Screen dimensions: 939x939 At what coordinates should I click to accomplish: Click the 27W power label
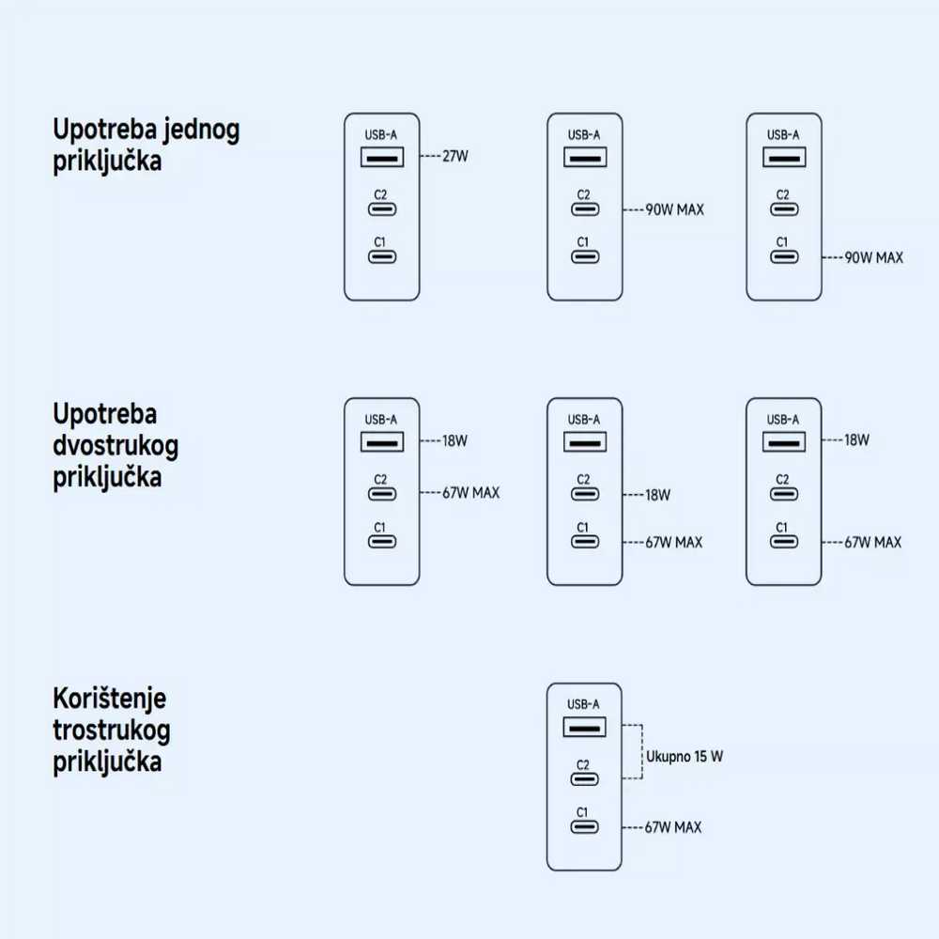(454, 156)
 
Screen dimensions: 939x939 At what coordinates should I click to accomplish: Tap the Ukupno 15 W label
(685, 755)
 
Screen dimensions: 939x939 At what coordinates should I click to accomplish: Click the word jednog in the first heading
(198, 130)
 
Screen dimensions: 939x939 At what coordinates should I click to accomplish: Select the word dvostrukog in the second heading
(115, 444)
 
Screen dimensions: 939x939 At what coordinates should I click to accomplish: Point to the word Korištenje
(110, 699)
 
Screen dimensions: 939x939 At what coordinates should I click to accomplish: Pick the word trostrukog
(112, 730)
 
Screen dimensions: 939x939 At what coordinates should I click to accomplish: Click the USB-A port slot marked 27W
(382, 156)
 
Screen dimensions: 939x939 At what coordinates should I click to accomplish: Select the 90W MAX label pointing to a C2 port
(674, 209)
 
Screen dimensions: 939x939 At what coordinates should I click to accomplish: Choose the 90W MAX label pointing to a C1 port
(873, 256)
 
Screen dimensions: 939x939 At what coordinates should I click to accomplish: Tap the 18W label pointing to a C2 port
(657, 494)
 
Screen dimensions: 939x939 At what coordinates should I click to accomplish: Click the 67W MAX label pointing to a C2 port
(470, 492)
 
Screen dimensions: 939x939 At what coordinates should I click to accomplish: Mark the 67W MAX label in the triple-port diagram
(672, 827)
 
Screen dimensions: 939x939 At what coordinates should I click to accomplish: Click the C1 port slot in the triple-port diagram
(584, 827)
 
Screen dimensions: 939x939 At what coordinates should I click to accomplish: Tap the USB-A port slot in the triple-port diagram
(584, 726)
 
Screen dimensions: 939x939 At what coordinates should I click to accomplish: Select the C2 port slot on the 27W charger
(382, 209)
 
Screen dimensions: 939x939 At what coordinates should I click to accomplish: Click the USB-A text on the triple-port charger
(583, 704)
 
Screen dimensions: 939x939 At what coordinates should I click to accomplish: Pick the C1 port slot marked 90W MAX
(783, 256)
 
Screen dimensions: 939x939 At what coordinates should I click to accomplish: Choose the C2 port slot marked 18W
(584, 494)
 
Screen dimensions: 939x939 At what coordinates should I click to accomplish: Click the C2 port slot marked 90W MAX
(584, 209)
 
